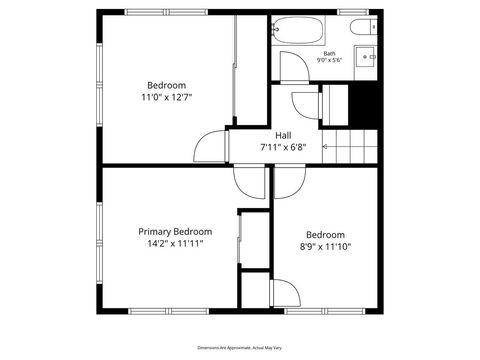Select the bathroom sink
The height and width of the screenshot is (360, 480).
(x=367, y=55)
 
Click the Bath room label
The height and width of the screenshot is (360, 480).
(x=328, y=53)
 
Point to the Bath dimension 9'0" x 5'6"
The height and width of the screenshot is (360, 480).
(x=328, y=62)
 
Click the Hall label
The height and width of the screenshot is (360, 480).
(x=285, y=136)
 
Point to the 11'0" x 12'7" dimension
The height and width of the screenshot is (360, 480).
(x=166, y=97)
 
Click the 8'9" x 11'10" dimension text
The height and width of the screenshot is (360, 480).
(x=325, y=246)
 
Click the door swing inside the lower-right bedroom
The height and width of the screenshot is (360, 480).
(x=286, y=294)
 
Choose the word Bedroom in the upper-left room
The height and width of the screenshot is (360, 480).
(x=166, y=84)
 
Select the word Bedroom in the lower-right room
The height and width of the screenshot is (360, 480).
(x=325, y=234)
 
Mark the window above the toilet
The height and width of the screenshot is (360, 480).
(x=352, y=11)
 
